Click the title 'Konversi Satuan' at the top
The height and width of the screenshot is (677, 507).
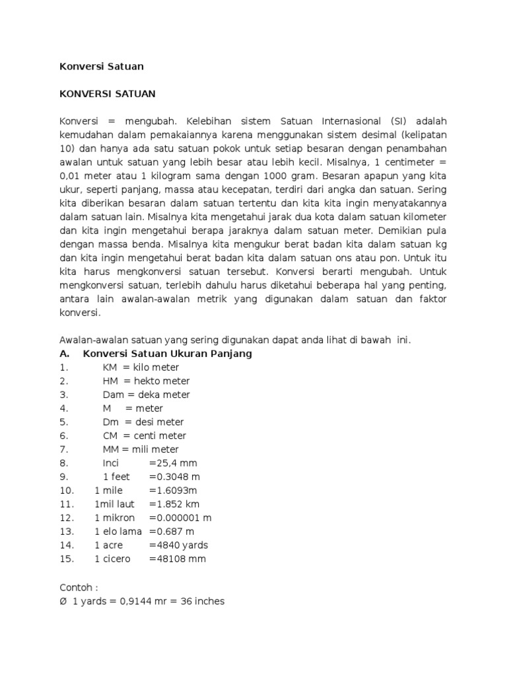[102, 66]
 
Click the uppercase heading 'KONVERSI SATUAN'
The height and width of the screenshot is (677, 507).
[108, 94]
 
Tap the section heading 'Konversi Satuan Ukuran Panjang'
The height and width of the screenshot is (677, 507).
[167, 354]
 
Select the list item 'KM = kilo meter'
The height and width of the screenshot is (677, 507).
[141, 368]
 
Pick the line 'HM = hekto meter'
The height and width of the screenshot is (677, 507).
[146, 381]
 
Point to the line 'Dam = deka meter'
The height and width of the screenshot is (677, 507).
[146, 395]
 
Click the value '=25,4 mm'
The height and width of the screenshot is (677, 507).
[173, 463]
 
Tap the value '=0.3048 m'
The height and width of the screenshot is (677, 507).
[174, 477]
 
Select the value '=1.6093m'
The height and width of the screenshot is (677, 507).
[173, 491]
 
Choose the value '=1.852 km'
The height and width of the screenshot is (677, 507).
[174, 504]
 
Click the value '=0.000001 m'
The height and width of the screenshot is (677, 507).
[180, 518]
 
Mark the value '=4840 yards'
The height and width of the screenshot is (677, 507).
[178, 545]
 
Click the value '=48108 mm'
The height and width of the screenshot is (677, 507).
[177, 559]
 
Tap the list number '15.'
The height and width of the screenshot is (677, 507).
[66, 559]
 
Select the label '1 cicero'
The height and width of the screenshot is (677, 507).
[112, 559]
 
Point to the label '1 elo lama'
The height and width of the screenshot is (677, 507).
[118, 532]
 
